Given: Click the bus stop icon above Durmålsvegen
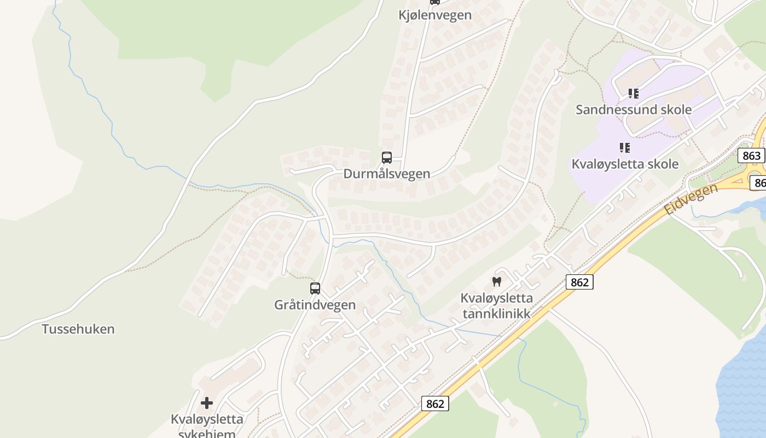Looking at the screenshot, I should pos(387,158).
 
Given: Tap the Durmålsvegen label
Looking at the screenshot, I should pos(387,174).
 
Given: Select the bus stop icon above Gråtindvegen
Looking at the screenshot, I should pos(315,289).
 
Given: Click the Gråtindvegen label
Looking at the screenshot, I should pos(315,305).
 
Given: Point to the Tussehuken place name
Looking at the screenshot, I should pos(78,329).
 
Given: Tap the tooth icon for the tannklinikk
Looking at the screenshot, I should pos(497,282).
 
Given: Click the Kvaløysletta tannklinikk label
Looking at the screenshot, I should pos(497,306).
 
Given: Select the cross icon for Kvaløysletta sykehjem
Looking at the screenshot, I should pos(207,403).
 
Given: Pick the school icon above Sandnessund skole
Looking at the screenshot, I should pos(634,94).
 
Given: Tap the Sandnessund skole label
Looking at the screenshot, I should pos(634,109).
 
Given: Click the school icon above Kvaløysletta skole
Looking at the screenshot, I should pos(625,147).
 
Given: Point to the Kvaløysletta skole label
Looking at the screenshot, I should pos(625,164).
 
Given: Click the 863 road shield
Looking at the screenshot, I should pos(751,155).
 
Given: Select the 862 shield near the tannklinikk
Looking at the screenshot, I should pos(579,282).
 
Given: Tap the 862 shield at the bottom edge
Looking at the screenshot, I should pos(435,404).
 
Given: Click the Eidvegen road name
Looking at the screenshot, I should pos(691,199).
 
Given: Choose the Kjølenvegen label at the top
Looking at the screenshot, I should pos(435,15).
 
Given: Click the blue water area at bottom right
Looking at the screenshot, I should pos(744,383).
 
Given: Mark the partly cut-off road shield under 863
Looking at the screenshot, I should pos(758,182).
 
